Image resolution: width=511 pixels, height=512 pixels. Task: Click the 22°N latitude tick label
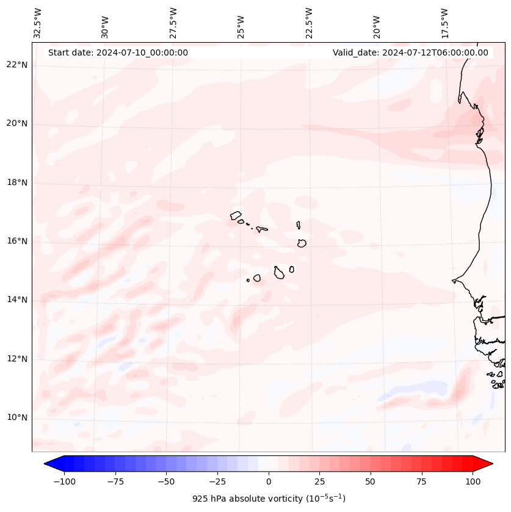point(17,65)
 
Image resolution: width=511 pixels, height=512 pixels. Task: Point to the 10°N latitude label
point(17,417)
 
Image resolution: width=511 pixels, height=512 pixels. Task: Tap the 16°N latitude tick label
point(17,241)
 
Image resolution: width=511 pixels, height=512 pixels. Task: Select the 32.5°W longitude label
point(38,23)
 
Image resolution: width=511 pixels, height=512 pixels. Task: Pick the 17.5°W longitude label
point(444,23)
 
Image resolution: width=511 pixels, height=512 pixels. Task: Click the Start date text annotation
point(118,52)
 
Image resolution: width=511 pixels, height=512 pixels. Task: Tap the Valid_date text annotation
point(410,52)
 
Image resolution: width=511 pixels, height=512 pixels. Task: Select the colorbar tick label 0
point(269,481)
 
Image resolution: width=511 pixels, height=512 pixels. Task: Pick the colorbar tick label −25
point(217,481)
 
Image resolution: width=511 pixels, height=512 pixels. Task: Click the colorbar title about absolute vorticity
point(269,499)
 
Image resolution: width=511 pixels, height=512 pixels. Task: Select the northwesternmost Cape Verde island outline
point(236,215)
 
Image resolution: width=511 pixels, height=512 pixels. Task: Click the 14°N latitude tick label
point(17,300)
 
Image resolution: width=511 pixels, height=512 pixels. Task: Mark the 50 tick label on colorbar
point(371,481)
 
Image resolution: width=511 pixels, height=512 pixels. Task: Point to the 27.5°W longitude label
point(173,23)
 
